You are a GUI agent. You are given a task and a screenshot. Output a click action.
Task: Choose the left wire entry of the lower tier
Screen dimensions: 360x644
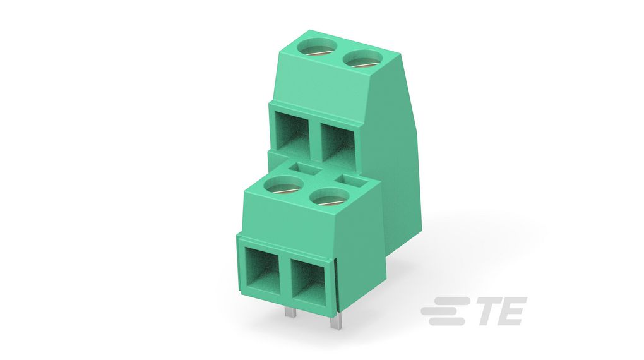coord(261,268)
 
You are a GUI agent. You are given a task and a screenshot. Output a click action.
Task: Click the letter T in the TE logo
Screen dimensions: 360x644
coord(486,311)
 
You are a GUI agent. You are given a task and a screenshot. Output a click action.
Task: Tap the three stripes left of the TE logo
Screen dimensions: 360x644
coord(444,311)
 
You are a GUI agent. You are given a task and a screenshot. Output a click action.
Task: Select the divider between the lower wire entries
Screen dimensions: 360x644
coord(284,274)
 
